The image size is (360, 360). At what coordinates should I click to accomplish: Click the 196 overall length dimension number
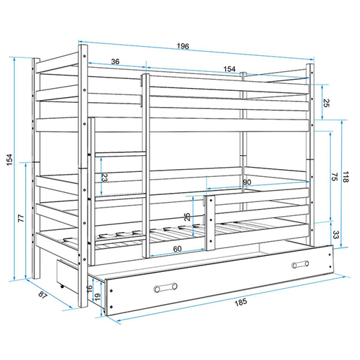tap(183, 46)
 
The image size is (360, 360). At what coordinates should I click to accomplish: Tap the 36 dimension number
tap(115, 62)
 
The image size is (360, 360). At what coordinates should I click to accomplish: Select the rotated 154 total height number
tap(10, 159)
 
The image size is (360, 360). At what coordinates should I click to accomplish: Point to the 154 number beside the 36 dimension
tap(229, 69)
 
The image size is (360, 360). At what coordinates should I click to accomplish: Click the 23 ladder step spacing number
tap(105, 178)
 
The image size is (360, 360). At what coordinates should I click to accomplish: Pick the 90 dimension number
tap(247, 182)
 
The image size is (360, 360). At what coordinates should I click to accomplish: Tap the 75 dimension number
tap(334, 177)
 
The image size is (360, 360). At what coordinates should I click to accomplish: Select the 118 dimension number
tap(345, 177)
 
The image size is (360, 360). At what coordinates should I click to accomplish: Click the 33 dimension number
tap(336, 234)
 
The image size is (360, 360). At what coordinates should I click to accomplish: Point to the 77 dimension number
tap(21, 218)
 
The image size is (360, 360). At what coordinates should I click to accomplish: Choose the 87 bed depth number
tap(43, 295)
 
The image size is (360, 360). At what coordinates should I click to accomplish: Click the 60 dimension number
tap(178, 249)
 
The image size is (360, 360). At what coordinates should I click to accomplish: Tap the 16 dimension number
tap(89, 289)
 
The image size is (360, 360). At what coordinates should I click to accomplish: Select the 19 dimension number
tap(98, 296)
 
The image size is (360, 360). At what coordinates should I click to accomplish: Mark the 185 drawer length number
tap(240, 302)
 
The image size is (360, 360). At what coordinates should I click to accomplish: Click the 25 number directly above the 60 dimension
tap(187, 217)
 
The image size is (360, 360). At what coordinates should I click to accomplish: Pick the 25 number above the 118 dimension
tap(326, 103)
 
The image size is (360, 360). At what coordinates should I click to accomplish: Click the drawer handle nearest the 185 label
tap(166, 288)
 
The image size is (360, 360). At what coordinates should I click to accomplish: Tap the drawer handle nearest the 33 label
tap(301, 264)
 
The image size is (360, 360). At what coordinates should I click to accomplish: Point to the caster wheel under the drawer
tap(62, 286)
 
